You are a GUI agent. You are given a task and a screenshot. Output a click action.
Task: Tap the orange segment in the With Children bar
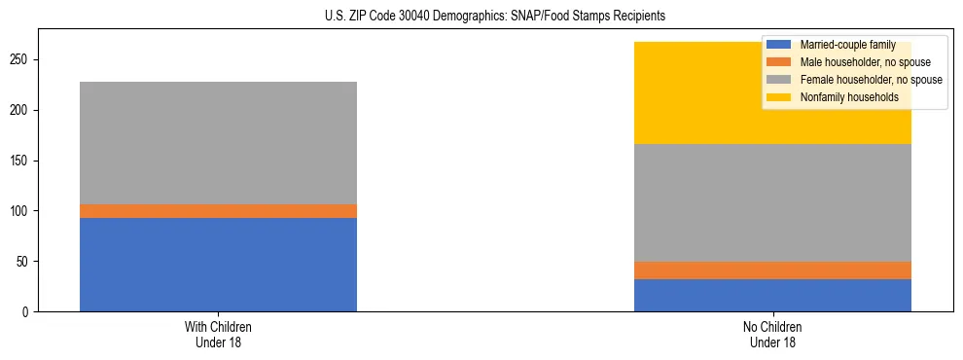pyautogui.click(x=218, y=211)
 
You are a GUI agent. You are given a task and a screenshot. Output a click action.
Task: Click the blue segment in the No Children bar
pyautogui.click(x=772, y=295)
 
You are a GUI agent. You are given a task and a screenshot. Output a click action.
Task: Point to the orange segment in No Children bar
pyautogui.click(x=772, y=270)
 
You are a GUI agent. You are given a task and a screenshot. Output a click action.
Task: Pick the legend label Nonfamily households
pyautogui.click(x=842, y=97)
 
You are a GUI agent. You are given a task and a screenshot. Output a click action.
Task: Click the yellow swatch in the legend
pyautogui.click(x=779, y=97)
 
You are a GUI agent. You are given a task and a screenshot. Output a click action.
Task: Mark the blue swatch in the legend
pyautogui.click(x=779, y=45)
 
